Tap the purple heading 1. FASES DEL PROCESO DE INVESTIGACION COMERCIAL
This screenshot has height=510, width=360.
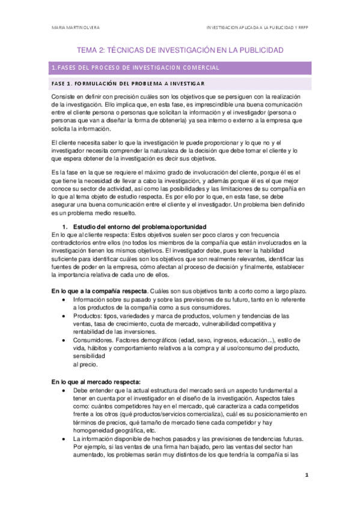(136, 67)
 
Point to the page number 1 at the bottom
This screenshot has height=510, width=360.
(306, 491)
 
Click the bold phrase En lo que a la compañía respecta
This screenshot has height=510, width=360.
(98, 291)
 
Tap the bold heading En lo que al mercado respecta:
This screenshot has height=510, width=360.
(96, 382)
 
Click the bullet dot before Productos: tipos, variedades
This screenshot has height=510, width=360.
(64, 316)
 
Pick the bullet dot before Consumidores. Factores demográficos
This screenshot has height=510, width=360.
(64, 340)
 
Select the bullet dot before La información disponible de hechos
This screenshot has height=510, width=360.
(64, 438)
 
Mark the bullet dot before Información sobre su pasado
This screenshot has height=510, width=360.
(64, 300)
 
